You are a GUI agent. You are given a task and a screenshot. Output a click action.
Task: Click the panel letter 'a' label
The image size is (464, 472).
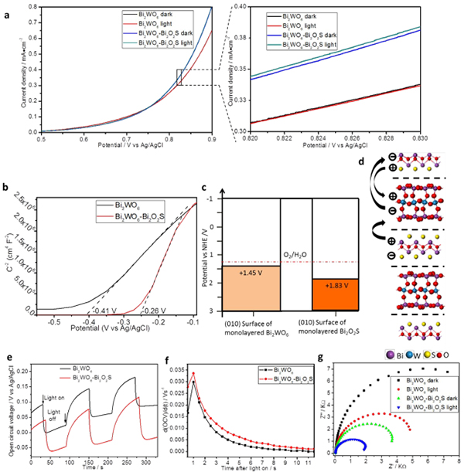(5, 7)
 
